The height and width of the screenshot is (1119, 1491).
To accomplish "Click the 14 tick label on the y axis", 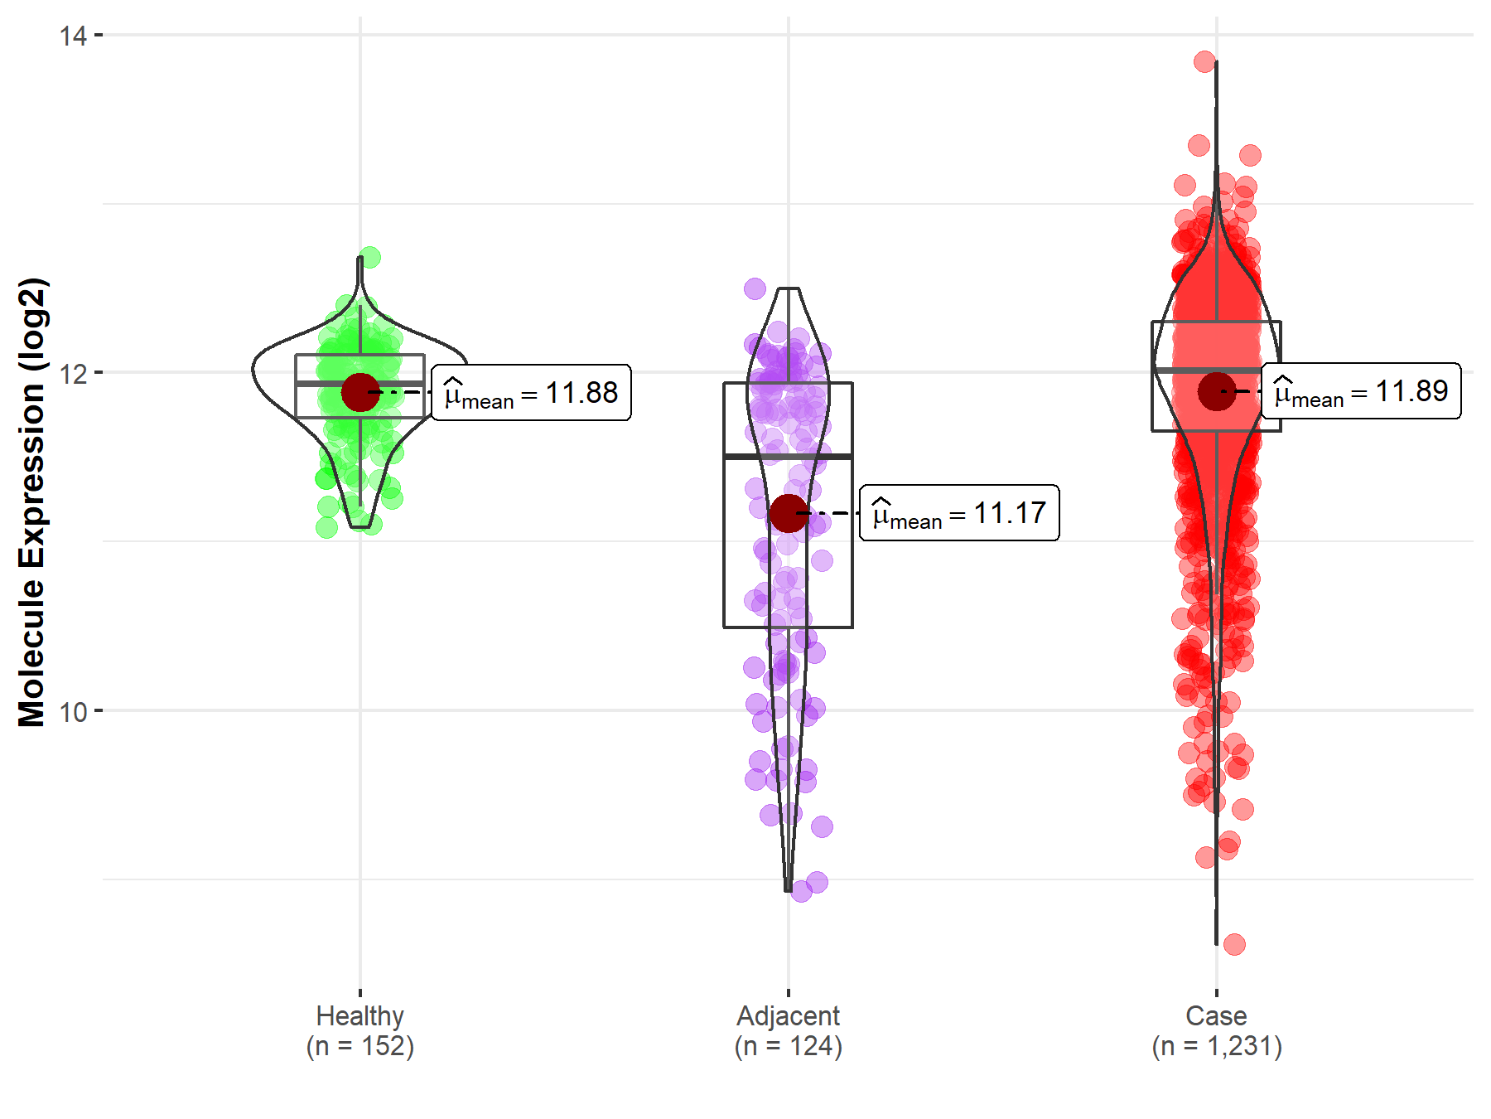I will pyautogui.click(x=73, y=36).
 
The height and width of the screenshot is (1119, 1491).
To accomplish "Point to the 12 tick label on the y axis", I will pyautogui.click(x=73, y=374).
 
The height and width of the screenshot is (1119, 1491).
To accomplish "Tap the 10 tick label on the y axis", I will pyautogui.click(x=73, y=711).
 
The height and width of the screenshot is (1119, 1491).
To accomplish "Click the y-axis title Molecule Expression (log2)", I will pyautogui.click(x=31, y=502).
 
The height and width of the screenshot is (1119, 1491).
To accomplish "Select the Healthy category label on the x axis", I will pyautogui.click(x=359, y=1015).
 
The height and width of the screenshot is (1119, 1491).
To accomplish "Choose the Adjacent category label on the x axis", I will pyautogui.click(x=788, y=1015).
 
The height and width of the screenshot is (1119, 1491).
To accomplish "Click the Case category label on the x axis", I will pyautogui.click(x=1216, y=1015).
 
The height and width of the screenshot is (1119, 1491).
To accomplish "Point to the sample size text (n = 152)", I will pyautogui.click(x=359, y=1046).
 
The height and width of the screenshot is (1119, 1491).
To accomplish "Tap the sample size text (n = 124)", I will pyautogui.click(x=788, y=1046).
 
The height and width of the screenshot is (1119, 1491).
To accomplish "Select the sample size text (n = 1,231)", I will pyautogui.click(x=1216, y=1046).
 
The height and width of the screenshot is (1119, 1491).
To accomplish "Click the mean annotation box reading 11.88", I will pyautogui.click(x=531, y=393).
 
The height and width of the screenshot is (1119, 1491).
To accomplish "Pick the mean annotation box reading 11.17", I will pyautogui.click(x=959, y=513).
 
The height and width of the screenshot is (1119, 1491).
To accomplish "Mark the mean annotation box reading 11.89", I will pyautogui.click(x=1361, y=390).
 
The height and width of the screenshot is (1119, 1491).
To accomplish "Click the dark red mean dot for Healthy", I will pyautogui.click(x=360, y=392).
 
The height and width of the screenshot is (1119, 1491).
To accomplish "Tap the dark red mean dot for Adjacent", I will pyautogui.click(x=788, y=513).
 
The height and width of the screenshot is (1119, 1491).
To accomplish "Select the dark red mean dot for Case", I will pyautogui.click(x=1217, y=390).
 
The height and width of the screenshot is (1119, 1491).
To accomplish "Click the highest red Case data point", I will pyautogui.click(x=1205, y=61).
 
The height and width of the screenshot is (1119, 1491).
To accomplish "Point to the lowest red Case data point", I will pyautogui.click(x=1234, y=944).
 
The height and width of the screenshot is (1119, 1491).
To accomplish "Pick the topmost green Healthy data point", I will pyautogui.click(x=369, y=257).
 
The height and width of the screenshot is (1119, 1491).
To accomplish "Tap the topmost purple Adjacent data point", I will pyautogui.click(x=755, y=288).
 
